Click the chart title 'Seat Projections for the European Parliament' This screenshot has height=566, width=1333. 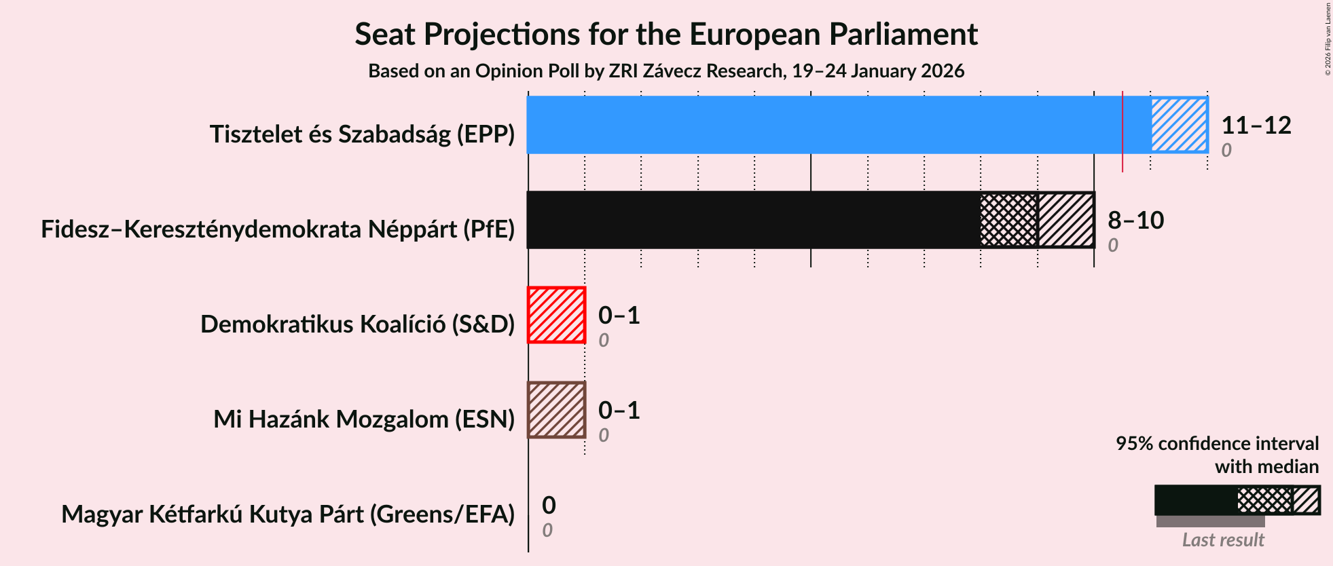(665, 34)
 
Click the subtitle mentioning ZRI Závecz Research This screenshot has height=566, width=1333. (665, 71)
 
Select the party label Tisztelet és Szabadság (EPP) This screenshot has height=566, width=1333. (362, 134)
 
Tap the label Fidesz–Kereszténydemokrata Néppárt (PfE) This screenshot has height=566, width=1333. (278, 229)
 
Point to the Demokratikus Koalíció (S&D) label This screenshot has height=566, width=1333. (357, 324)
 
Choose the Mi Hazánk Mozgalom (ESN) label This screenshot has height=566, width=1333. (364, 419)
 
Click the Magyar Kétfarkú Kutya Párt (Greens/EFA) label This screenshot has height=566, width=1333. (288, 514)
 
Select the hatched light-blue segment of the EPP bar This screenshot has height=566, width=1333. (1179, 125)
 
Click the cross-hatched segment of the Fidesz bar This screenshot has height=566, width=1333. (1009, 220)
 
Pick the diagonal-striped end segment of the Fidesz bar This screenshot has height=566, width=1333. (1066, 220)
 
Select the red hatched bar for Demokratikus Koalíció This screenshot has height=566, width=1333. (556, 315)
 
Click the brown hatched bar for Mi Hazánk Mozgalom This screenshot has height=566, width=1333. (556, 410)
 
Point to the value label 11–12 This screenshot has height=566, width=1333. (1256, 126)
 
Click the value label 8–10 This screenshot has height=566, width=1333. (1135, 221)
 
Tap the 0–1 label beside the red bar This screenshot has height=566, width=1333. (619, 316)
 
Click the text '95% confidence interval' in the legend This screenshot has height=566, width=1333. (1217, 444)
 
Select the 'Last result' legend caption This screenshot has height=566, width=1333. (1222, 540)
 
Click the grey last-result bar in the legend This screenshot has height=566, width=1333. (1210, 521)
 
